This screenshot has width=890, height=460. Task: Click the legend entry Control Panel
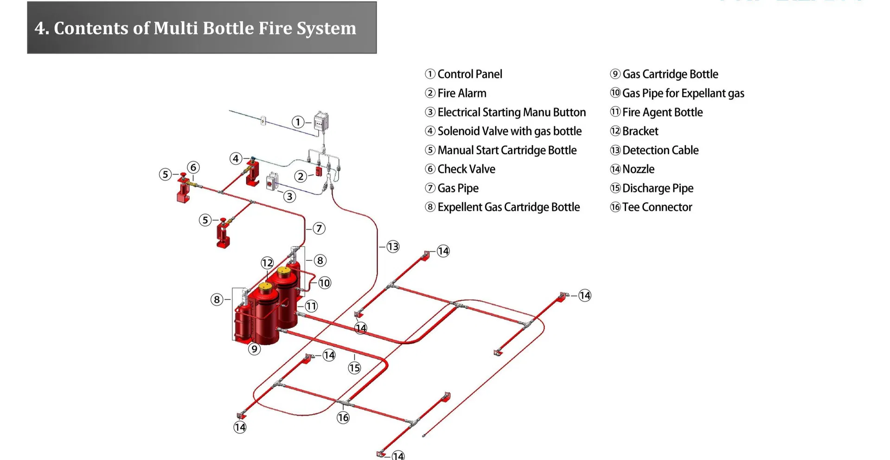tap(469, 74)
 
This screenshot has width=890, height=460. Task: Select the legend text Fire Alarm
tap(461, 93)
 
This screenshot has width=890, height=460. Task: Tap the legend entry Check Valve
tap(466, 169)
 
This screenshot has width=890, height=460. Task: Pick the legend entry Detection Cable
tap(659, 150)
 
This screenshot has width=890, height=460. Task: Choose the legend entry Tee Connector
tap(656, 207)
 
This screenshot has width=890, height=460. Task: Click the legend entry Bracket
tap(640, 131)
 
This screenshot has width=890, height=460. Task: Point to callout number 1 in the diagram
tap(298, 122)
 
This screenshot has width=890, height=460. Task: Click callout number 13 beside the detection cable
tap(393, 246)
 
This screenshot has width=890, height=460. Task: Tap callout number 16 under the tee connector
tap(343, 418)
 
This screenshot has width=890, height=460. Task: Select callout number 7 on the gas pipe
tap(319, 228)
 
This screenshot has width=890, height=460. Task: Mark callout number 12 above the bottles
tap(267, 263)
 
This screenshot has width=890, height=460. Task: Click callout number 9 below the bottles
tap(254, 349)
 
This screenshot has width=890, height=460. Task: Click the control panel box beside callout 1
tap(321, 122)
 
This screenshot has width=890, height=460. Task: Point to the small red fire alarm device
tap(319, 171)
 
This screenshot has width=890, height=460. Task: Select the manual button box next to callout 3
tap(272, 181)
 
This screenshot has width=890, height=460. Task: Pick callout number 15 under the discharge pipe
tap(354, 368)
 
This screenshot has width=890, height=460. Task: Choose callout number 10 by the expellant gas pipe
tap(325, 283)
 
